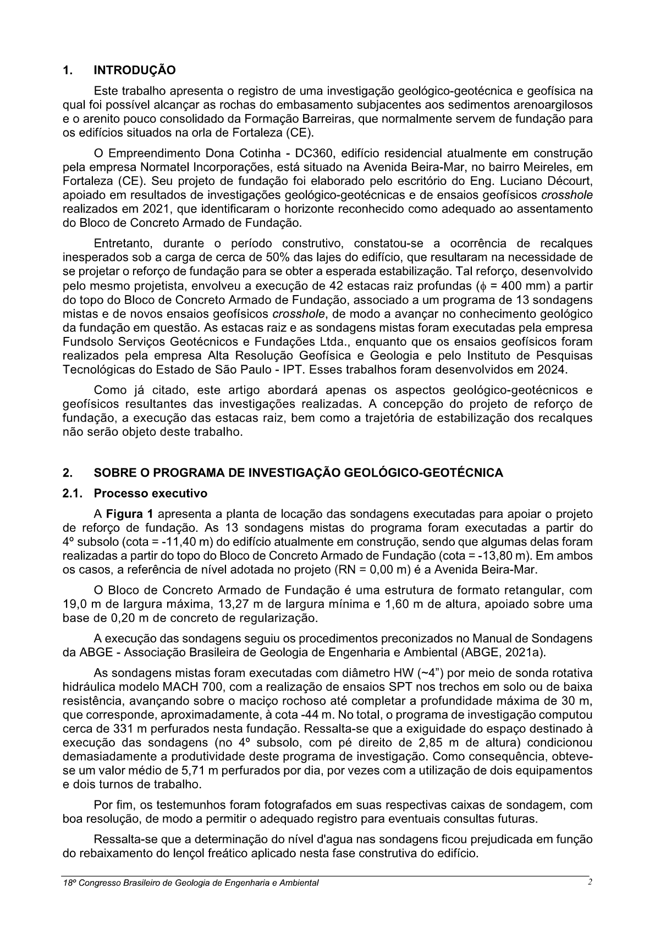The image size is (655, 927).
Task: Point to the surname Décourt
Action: [x=570, y=181]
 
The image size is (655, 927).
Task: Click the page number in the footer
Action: [x=589, y=882]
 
